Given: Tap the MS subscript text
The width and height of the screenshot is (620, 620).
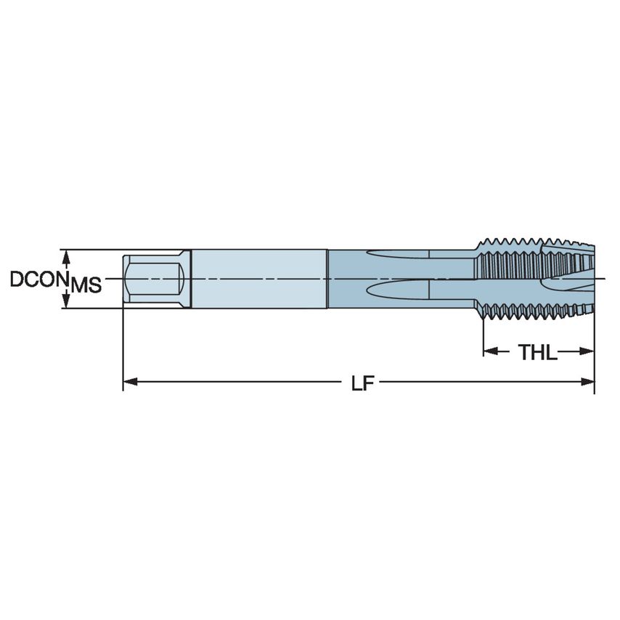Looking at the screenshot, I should point(86,285).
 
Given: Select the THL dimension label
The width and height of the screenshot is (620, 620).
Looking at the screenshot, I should point(537,353).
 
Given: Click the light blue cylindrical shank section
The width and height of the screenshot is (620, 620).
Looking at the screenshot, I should point(258,279).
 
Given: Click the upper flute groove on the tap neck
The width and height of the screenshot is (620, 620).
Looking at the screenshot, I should point(399,254).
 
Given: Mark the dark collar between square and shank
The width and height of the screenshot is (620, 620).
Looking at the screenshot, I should point(187,279).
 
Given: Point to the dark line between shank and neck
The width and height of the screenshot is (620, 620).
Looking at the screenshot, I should point(327,279).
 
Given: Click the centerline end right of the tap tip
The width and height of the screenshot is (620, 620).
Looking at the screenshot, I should point(603,279).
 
